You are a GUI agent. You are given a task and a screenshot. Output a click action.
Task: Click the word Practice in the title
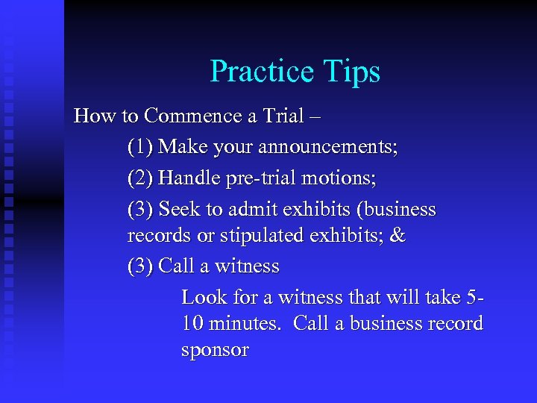263,72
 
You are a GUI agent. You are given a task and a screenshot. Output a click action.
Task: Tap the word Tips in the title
352,72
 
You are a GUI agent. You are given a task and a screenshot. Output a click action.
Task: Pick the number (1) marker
140,146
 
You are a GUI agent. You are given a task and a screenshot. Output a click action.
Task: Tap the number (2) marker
140,178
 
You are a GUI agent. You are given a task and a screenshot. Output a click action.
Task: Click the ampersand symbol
398,236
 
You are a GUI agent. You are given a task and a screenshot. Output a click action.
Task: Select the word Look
204,297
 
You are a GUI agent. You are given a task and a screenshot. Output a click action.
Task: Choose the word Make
182,146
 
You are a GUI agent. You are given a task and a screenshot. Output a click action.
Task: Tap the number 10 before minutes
192,324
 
